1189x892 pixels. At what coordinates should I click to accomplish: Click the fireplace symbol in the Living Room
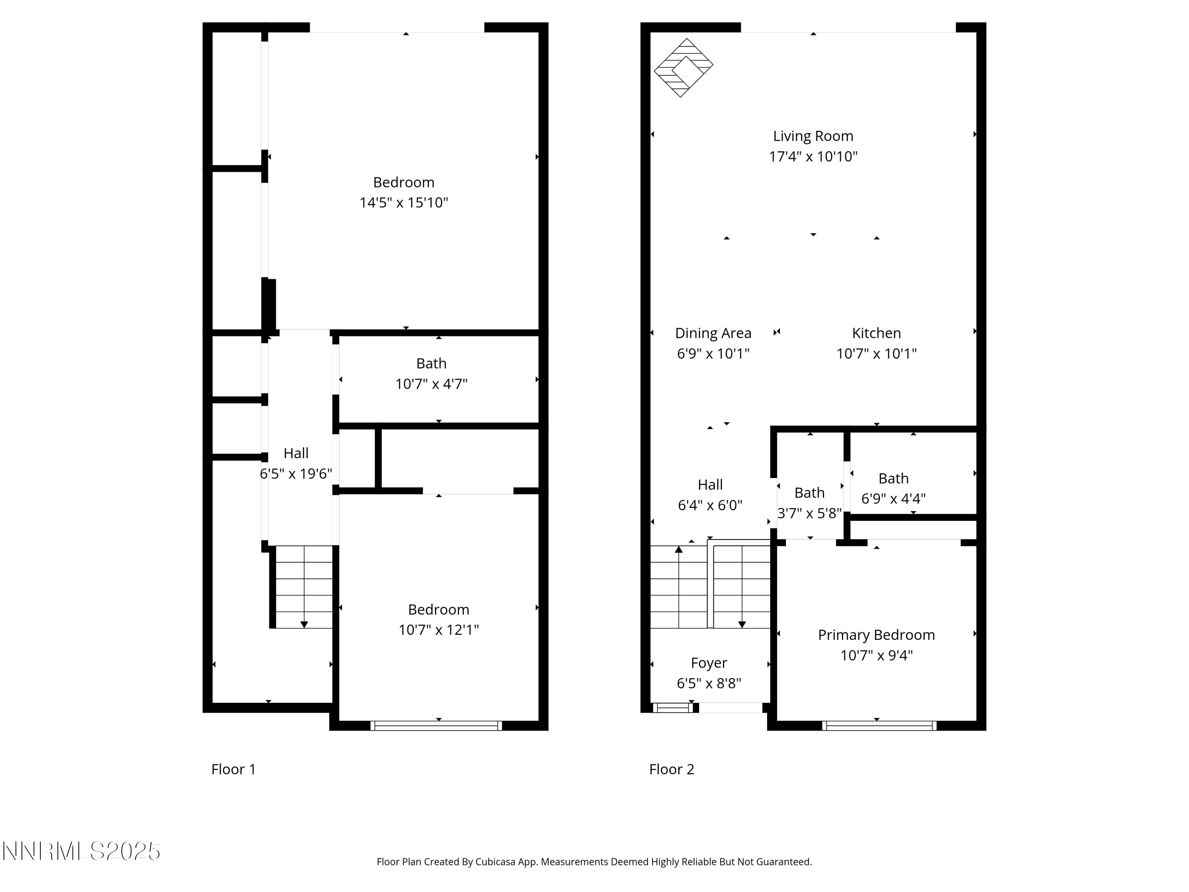coord(683,67)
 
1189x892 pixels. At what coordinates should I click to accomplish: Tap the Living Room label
coord(813,136)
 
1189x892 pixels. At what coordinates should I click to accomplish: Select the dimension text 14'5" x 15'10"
coord(404,203)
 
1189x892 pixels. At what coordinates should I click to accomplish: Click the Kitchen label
coord(876,333)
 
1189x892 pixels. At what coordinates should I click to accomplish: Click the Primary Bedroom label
coord(876,635)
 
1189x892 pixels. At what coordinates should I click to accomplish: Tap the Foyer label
coord(709,663)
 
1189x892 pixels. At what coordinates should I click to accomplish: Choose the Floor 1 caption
coord(233,769)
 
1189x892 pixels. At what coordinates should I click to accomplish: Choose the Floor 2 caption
coord(671,769)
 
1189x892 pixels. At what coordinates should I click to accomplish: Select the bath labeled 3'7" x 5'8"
coord(809,502)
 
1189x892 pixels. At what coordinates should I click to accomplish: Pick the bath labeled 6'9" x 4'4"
coord(893,488)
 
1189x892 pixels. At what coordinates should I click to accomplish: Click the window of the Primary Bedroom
coord(879,725)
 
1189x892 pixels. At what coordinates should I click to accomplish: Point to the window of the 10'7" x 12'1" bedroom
coord(436,725)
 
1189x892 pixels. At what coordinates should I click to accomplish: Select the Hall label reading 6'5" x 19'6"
coord(296,463)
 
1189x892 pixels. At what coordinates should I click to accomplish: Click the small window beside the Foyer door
coord(673,708)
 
